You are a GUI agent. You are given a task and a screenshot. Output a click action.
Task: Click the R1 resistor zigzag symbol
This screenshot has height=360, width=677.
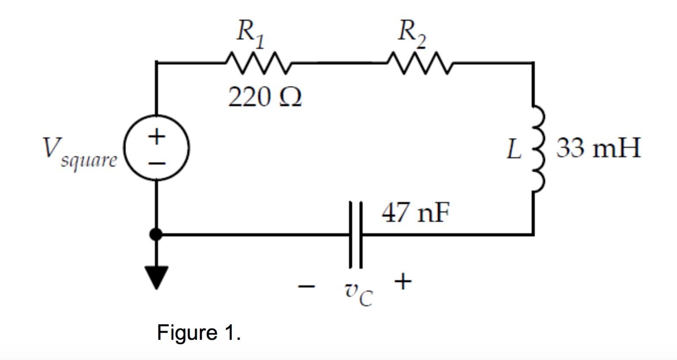point(258,63)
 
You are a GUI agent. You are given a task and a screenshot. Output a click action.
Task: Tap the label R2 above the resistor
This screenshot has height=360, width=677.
point(411,34)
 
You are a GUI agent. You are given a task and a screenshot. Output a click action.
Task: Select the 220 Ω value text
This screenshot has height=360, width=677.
point(264,98)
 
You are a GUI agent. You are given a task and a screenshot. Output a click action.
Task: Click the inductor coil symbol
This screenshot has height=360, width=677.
point(537,148)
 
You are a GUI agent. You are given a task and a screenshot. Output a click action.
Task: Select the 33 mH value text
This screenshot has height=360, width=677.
point(598,148)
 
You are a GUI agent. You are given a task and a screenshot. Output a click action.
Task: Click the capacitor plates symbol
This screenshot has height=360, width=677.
point(355,235)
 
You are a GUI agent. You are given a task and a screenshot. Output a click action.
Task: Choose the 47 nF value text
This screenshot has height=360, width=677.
point(415,213)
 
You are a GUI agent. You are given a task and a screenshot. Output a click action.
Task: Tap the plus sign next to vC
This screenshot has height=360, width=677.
point(402,282)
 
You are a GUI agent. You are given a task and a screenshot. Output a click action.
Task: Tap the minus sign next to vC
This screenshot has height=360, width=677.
point(307,286)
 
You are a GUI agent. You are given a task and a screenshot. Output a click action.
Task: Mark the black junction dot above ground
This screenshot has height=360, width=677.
point(156,235)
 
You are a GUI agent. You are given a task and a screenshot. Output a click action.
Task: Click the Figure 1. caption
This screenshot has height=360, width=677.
point(199,333)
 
